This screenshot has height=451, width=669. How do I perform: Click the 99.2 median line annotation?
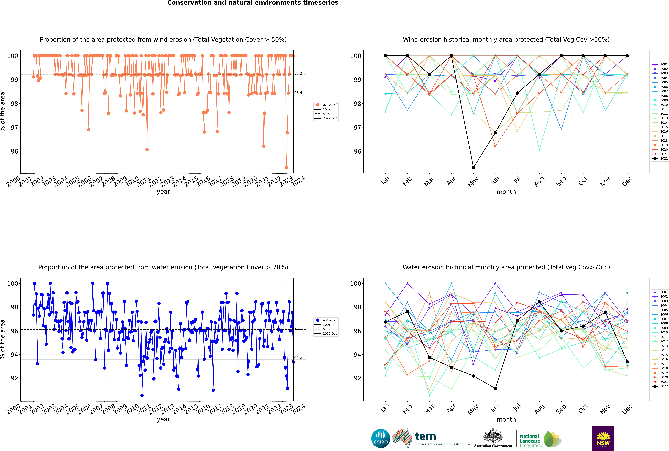[x=298, y=74]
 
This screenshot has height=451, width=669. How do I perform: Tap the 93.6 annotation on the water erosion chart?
[x=298, y=358]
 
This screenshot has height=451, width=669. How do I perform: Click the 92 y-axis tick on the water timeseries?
[x=14, y=378]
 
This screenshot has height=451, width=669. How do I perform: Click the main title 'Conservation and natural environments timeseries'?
[x=253, y=3]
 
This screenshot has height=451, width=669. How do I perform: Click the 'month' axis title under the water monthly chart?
[x=506, y=419]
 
